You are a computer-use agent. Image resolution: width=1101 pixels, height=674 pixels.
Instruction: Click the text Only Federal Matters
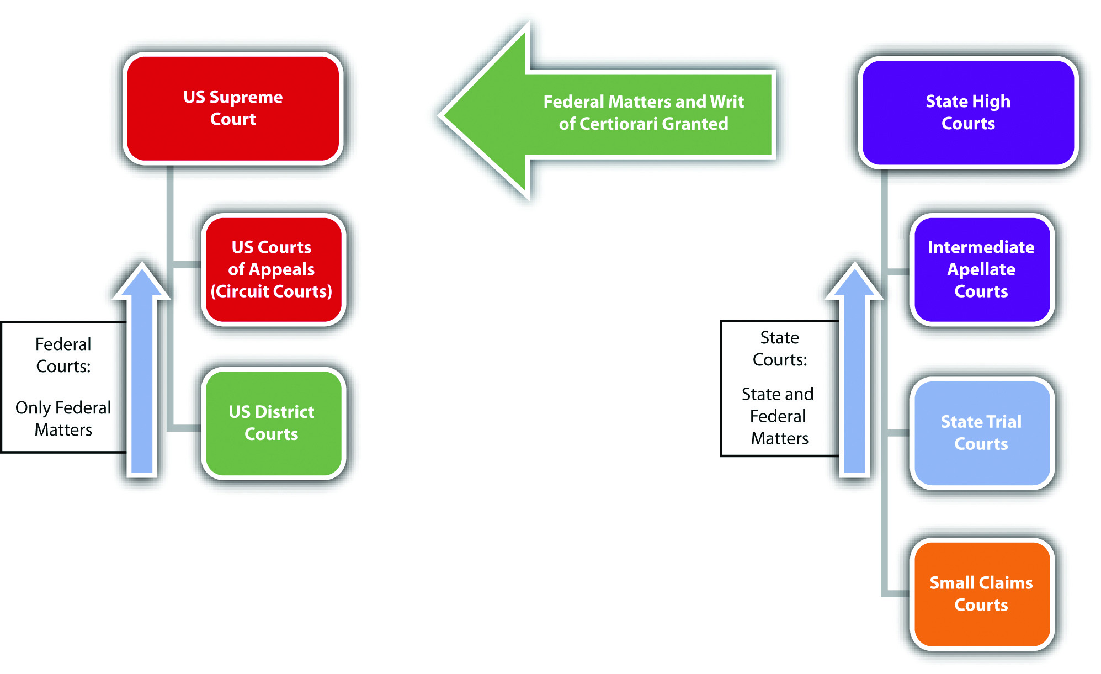(x=63, y=418)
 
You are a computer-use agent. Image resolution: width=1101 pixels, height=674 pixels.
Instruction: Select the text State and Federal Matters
(x=778, y=416)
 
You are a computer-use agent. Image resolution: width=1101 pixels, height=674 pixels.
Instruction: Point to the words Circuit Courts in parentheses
(x=272, y=291)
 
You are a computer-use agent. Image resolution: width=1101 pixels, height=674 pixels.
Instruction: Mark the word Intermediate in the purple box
(x=981, y=247)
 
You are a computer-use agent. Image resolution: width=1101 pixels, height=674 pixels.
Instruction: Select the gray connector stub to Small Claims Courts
(x=897, y=593)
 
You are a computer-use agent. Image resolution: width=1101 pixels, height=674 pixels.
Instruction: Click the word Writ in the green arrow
(x=727, y=102)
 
